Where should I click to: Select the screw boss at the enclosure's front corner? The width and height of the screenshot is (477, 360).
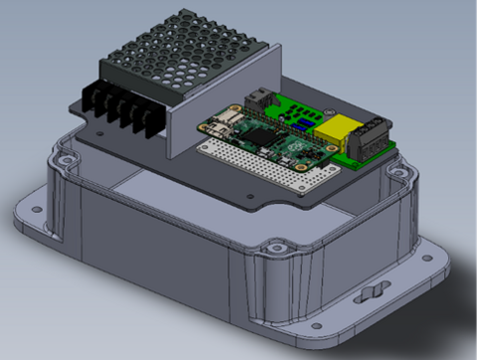coord(272,244)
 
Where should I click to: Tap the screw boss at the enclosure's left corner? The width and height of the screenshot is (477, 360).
coord(66,158)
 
